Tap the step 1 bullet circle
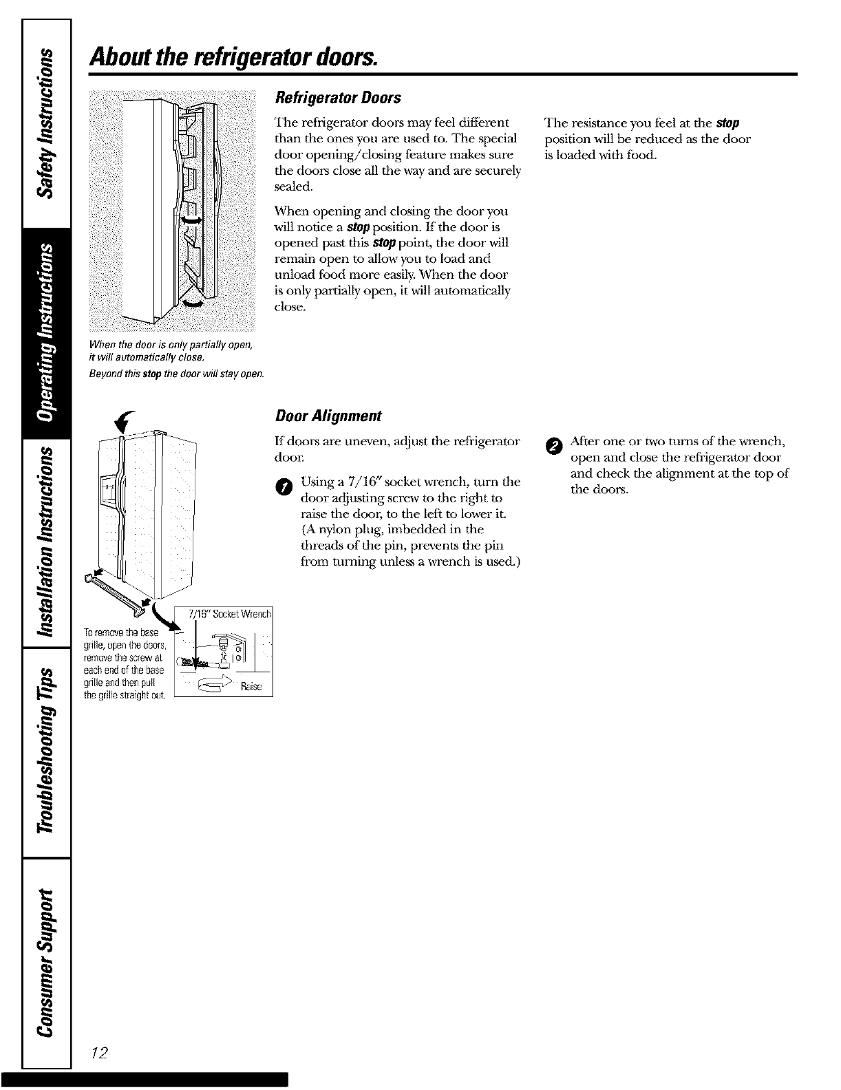click(280, 488)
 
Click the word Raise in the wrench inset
click(253, 687)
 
